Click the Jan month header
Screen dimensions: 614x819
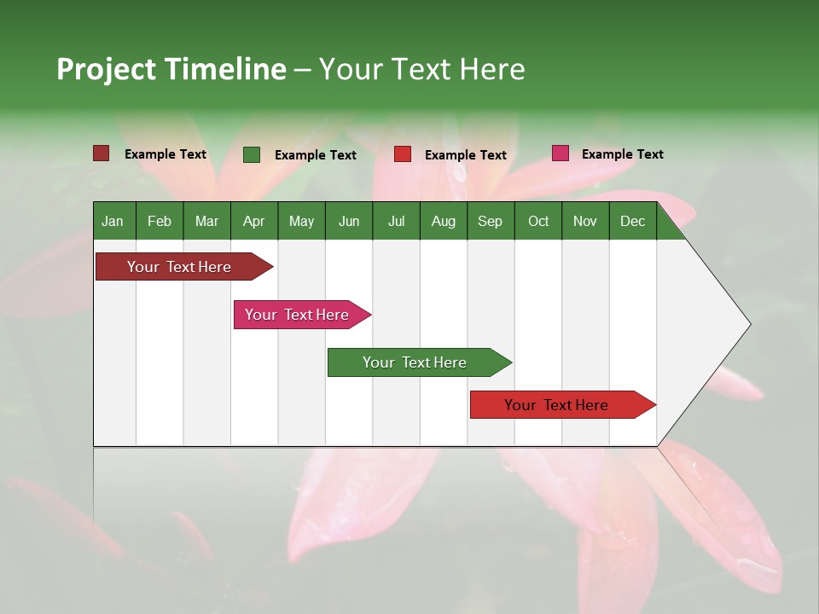[113, 221]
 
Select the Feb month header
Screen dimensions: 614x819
[160, 221]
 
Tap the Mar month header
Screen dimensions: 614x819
[206, 221]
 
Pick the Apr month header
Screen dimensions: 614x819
[253, 221]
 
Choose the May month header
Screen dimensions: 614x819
[301, 221]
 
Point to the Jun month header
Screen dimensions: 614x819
[349, 221]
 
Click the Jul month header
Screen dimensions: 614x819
[396, 221]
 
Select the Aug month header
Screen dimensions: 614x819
[443, 221]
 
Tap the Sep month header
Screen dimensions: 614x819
[490, 221]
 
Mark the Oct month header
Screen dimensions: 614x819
[538, 221]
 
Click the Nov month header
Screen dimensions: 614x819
[584, 221]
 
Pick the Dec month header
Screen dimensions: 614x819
[632, 221]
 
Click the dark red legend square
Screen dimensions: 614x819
[101, 153]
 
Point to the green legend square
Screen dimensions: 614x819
[252, 154]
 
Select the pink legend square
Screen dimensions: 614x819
[560, 153]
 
